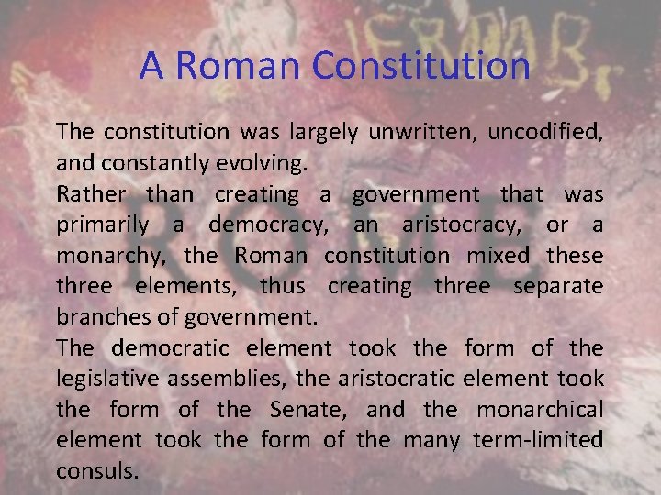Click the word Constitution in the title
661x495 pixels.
421,66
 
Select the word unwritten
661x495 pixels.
420,132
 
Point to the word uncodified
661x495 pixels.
544,132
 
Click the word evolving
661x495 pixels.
267,163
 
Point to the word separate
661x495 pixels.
558,287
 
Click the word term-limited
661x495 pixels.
538,441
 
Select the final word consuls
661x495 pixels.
97,471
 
